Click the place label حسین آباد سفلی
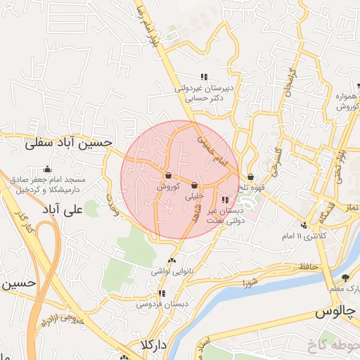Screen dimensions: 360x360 point(68,143)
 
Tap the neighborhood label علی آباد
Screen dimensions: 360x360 point(83,209)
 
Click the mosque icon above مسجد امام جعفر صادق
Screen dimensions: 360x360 point(47,169)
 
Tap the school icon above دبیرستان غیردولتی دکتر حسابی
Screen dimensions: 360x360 point(204,77)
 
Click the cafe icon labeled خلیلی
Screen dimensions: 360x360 point(195,186)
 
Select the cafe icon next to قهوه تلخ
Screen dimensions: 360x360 point(251,177)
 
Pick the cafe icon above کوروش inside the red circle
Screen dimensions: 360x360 point(169,175)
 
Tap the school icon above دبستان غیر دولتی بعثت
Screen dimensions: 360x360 point(224,200)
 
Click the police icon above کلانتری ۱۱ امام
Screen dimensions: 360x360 point(303,225)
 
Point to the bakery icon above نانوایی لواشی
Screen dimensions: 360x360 point(172,261)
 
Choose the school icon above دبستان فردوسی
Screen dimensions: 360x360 point(162,294)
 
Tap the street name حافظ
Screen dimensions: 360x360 point(304,266)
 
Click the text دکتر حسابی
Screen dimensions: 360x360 point(208,99)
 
